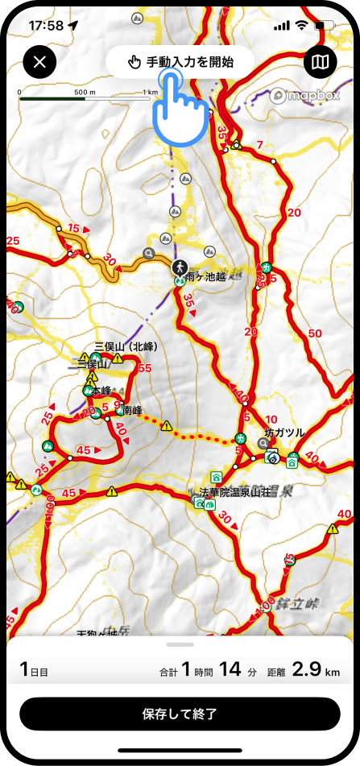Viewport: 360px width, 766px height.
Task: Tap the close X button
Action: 40,61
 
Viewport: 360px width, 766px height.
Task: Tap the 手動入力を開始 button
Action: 180,62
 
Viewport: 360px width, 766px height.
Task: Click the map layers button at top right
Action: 321,61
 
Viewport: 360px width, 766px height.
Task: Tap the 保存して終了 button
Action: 180,714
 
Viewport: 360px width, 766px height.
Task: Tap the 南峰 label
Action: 132,410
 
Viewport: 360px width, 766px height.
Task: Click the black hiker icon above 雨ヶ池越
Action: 179,265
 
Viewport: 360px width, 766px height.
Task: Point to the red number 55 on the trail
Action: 145,368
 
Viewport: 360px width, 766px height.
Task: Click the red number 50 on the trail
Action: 314,333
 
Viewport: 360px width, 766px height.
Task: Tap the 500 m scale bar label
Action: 85,93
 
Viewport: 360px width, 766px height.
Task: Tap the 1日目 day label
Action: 34,669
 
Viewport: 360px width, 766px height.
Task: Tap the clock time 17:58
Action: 46,25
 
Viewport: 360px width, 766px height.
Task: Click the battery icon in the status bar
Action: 324,25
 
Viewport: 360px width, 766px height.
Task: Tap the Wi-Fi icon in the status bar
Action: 301,25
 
